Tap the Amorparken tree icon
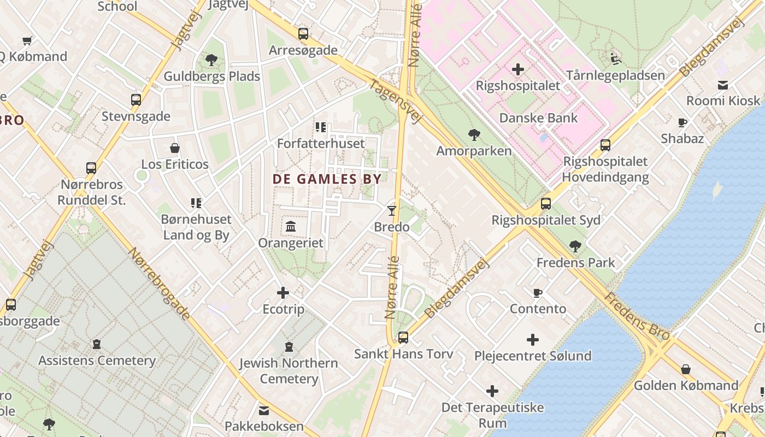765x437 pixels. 474,134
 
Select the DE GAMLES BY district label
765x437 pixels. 327,179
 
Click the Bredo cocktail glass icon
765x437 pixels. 391,210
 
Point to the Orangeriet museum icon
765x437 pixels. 291,226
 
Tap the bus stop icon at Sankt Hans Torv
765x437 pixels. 403,337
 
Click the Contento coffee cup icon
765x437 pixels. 538,293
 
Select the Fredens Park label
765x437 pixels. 575,263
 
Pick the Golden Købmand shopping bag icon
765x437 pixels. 686,369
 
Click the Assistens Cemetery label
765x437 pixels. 97,361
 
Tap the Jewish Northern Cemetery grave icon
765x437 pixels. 289,346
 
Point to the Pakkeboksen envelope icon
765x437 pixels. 264,410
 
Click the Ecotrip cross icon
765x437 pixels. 283,293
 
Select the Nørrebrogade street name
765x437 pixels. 160,284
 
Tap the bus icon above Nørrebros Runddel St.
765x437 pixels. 91,168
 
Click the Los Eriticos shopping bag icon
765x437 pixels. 175,148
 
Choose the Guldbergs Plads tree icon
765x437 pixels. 211,60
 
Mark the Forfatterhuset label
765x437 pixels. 321,144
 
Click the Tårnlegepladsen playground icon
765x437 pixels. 615,58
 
